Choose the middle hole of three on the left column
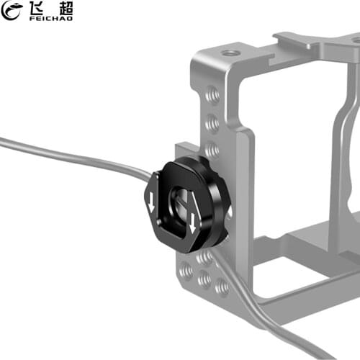[212, 122]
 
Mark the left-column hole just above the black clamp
[212, 149]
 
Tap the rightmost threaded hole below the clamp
[222, 287]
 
